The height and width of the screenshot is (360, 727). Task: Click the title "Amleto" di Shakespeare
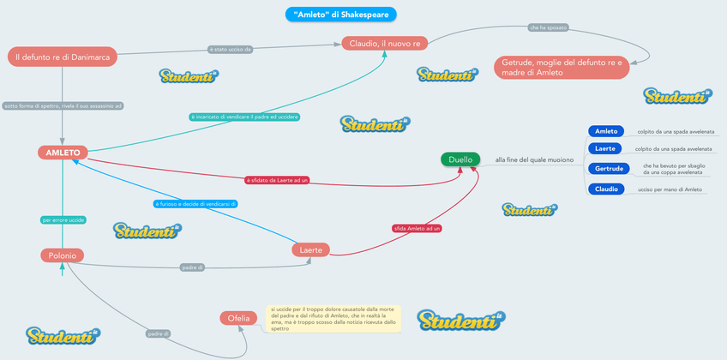pos(340,15)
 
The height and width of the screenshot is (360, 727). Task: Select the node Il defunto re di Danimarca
pos(63,57)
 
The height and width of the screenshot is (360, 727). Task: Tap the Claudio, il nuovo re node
pos(384,44)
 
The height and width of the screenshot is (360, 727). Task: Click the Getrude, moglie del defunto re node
pos(562,67)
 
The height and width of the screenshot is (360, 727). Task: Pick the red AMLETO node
pos(63,153)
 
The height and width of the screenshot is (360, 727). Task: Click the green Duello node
pos(460,159)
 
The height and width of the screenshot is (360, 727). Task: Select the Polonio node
pos(62,255)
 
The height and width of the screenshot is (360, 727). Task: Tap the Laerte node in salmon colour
pos(310,250)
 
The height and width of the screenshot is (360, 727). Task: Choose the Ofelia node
pos(238,318)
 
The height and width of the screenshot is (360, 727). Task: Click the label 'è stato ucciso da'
pos(231,50)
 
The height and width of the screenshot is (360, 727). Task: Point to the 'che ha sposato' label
pos(547,28)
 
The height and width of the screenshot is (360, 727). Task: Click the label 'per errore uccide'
pos(63,220)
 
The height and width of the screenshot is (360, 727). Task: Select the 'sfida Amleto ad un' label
pos(417,229)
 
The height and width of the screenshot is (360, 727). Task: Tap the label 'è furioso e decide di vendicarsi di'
pos(195,204)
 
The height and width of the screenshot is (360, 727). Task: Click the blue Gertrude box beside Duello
pos(609,169)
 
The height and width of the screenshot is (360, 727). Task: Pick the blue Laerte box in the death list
pos(605,149)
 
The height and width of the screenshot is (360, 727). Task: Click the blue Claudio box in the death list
pos(606,189)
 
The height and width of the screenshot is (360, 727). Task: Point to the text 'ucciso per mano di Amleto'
pos(670,189)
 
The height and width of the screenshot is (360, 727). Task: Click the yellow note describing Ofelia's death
pos(333,318)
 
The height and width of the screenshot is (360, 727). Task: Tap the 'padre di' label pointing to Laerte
pos(192,267)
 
